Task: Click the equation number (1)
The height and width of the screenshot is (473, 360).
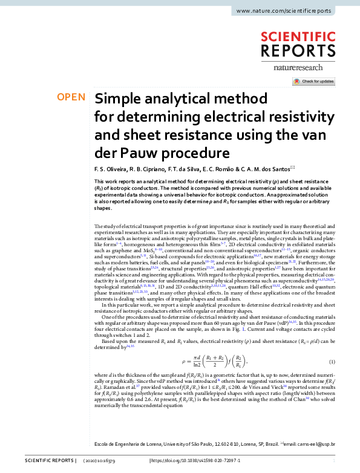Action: (x=332, y=361)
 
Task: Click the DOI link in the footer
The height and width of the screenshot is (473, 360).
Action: (x=195, y=460)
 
